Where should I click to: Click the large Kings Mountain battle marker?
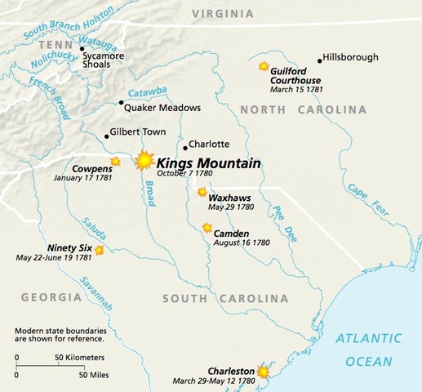tap(145, 160)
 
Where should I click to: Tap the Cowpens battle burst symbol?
tap(115, 162)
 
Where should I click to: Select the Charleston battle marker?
tap(263, 372)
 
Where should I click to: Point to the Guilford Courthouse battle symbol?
tap(264, 66)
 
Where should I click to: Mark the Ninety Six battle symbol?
tap(100, 251)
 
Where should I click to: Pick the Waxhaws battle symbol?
tap(202, 192)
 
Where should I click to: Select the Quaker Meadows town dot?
tap(122, 103)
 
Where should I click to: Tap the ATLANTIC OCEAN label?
tap(370, 346)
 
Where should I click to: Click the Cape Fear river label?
tap(364, 195)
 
